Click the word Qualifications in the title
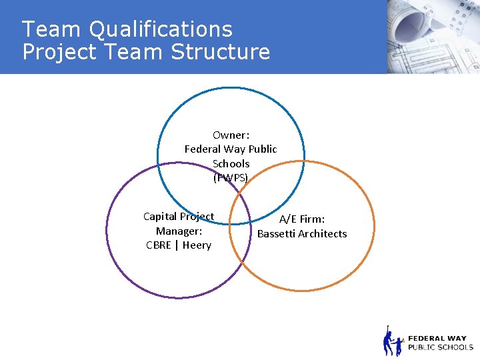coord(161,30)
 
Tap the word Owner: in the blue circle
coord(231,135)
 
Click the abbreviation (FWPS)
coord(231,178)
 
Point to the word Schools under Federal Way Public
coord(231,163)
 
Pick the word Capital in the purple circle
coord(160,216)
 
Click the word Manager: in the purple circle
coord(179,231)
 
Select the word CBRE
coord(159,245)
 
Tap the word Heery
coord(197,245)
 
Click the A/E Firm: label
coord(302,219)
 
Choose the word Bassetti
coord(277,233)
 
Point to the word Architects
coord(323,233)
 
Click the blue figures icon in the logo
coord(393,342)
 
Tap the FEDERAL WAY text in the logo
coord(437,338)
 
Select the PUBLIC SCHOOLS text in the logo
coord(440,347)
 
